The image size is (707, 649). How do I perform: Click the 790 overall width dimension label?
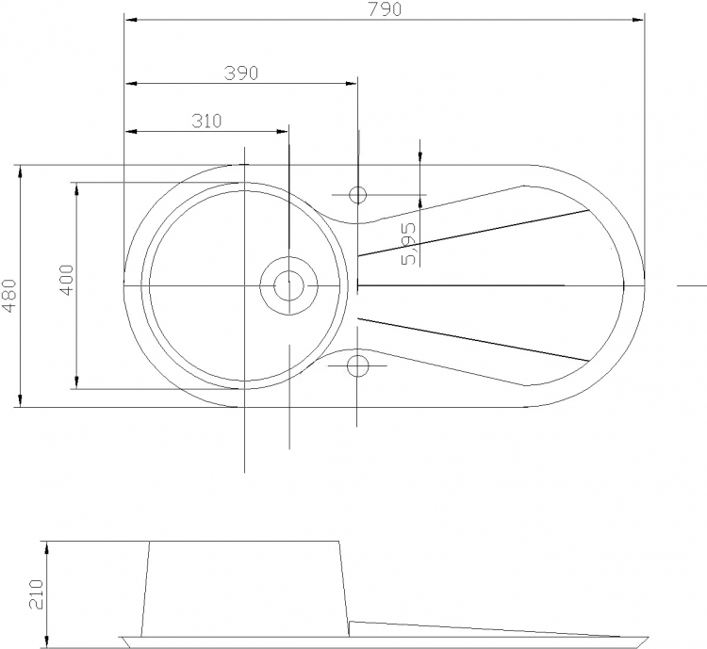385,9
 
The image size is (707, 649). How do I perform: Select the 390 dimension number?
241,73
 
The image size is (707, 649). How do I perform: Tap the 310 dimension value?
206,121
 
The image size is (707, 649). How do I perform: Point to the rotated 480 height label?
9,296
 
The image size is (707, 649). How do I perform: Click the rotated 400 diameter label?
66,280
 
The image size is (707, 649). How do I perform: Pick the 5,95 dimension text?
408,244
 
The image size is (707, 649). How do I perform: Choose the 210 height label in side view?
36,594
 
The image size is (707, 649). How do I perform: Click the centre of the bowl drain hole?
289,285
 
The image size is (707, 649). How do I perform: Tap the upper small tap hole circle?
357,195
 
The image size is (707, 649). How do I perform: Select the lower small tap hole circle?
357,365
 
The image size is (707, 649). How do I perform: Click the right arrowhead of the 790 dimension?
638,20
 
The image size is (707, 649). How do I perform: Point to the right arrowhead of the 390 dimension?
352,84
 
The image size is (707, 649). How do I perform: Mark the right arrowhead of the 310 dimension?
282,132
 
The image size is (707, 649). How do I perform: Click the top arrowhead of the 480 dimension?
20,171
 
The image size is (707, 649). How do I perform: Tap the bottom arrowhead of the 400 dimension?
76,382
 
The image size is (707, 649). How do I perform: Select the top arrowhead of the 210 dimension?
46,548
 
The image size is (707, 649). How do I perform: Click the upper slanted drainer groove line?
473,233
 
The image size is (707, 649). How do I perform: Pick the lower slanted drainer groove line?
473,340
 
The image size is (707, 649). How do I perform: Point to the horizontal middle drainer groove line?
461,285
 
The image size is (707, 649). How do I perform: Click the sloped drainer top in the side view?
485,629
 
